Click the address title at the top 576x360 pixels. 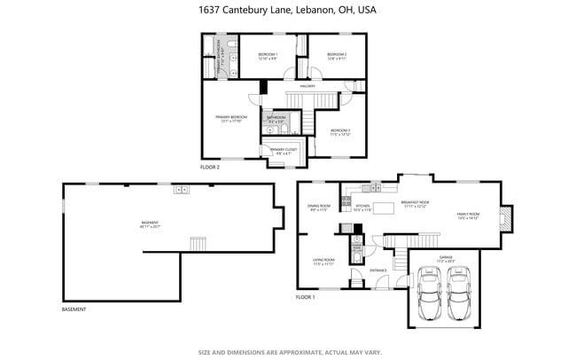[x=287, y=12]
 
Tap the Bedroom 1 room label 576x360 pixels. [x=268, y=56]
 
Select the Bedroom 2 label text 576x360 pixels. [x=336, y=56]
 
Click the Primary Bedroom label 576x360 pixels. [x=230, y=118]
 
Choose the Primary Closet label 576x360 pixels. [x=283, y=152]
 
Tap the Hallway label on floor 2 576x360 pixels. [x=307, y=86]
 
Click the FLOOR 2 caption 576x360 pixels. [x=210, y=167]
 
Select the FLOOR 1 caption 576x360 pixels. [x=306, y=296]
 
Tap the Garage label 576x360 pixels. [x=445, y=259]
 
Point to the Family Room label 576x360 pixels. [x=468, y=215]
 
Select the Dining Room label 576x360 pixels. [x=317, y=208]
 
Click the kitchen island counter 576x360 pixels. [x=384, y=208]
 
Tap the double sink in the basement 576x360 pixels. [x=181, y=189]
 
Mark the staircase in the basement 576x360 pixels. [x=199, y=243]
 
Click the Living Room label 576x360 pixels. [x=323, y=262]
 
